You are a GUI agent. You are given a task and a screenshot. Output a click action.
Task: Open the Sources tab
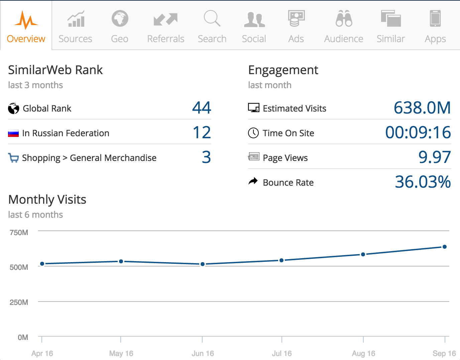tap(75, 27)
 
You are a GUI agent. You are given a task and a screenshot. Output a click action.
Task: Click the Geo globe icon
tap(120, 19)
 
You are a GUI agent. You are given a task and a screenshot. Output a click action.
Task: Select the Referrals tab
tap(165, 27)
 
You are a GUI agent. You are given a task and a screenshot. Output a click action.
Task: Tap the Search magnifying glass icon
tap(212, 18)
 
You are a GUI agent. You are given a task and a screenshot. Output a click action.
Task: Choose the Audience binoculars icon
tap(344, 18)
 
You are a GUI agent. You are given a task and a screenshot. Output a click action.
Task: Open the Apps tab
tap(435, 27)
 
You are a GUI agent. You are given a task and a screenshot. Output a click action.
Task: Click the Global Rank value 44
tap(202, 108)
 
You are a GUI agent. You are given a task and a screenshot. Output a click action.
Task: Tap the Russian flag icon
tap(13, 133)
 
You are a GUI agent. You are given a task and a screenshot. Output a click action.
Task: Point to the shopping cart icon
tap(13, 158)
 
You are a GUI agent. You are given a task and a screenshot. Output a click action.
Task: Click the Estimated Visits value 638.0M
tap(422, 108)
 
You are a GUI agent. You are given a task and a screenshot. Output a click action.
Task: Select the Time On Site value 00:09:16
tap(418, 133)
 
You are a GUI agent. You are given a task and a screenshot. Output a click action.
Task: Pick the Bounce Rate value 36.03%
tap(423, 182)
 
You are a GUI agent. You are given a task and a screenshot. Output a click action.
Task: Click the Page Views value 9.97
tap(434, 157)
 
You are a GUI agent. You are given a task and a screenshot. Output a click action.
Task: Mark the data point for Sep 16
tap(445, 247)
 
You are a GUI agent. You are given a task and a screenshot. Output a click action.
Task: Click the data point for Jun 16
tap(202, 264)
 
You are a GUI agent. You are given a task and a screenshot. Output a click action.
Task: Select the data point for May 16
tap(121, 261)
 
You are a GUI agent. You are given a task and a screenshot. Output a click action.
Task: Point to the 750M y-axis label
tap(19, 232)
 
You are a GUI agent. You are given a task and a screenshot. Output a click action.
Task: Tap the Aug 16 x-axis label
tap(363, 353)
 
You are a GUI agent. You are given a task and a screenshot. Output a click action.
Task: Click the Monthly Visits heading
tap(47, 199)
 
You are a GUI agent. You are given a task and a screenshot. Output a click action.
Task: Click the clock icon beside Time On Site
tap(253, 133)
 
